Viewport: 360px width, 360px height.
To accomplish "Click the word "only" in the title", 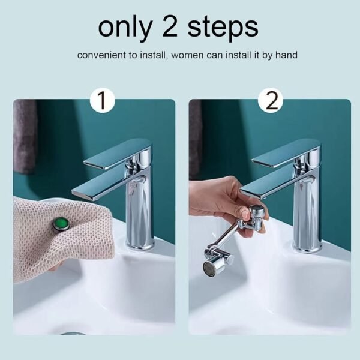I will point(121,27).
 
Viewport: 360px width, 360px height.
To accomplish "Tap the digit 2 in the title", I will point(175,27).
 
